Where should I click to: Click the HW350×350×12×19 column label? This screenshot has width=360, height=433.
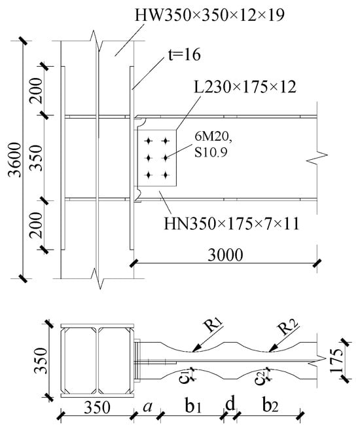[x=209, y=15]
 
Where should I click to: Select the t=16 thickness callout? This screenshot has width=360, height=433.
[x=185, y=54]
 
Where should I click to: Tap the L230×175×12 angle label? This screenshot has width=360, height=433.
[x=245, y=87]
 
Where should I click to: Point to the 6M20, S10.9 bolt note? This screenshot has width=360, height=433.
[x=213, y=144]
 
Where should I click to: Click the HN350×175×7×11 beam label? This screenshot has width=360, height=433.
[x=232, y=223]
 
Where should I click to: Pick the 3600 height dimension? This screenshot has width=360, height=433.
[x=15, y=160]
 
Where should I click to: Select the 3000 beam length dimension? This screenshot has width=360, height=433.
[x=225, y=255]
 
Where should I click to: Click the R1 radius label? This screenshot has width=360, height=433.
[x=214, y=326]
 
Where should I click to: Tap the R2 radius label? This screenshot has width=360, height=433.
[x=288, y=327]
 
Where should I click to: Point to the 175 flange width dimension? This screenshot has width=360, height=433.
[x=337, y=360]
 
